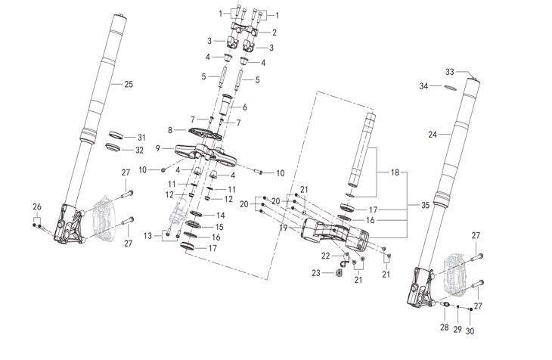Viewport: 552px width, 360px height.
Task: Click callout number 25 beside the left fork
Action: [128, 84]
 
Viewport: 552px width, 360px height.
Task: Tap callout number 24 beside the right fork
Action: [433, 135]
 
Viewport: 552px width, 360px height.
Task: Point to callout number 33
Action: [449, 72]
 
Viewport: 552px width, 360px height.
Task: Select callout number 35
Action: [425, 204]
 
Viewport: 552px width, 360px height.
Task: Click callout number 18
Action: [394, 172]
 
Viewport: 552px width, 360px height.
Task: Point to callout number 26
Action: [36, 206]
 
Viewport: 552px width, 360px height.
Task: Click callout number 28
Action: [445, 327]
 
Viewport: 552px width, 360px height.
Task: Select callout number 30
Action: [470, 331]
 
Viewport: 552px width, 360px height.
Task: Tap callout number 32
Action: [139, 150]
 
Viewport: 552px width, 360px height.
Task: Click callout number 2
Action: [274, 33]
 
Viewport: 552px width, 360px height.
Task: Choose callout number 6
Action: [244, 107]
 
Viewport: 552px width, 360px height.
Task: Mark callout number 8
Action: [170, 129]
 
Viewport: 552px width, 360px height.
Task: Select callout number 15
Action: [220, 226]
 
